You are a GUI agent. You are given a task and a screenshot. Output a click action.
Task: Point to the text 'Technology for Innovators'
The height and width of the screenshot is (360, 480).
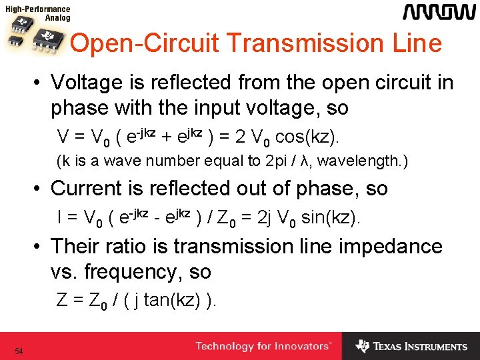click(263, 347)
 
